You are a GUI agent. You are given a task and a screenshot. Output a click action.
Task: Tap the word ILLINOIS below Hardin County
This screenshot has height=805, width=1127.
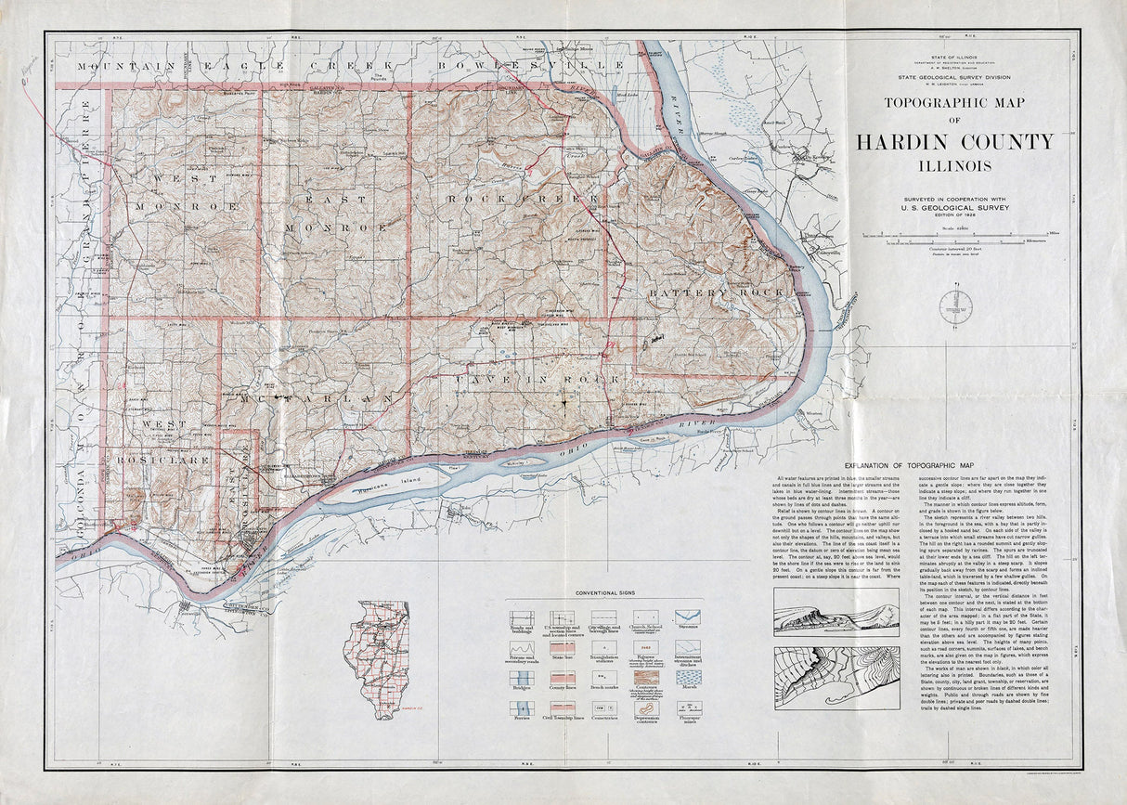(955, 167)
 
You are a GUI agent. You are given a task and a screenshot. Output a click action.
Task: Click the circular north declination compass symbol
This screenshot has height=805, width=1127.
(955, 306)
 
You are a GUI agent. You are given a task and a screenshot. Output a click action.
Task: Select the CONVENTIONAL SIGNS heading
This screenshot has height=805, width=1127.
(603, 592)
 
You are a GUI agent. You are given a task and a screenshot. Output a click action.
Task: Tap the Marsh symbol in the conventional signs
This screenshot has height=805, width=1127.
(688, 679)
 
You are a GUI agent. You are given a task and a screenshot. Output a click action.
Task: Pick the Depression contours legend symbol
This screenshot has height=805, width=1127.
(646, 708)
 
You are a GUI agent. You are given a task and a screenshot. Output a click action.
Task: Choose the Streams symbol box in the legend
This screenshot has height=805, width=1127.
(688, 617)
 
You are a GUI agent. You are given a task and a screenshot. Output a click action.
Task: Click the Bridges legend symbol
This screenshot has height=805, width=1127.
(521, 679)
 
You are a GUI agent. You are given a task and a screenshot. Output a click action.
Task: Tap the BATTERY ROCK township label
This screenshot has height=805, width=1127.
(716, 294)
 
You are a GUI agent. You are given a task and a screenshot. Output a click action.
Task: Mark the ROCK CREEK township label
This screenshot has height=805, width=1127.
(523, 199)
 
